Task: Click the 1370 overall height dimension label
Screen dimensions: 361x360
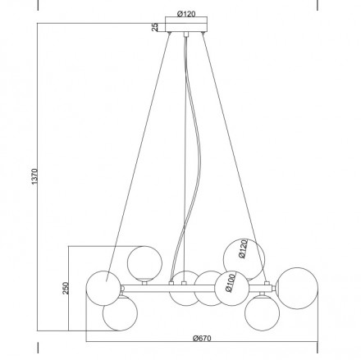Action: pos(34,176)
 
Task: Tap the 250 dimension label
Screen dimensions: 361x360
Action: pos(66,288)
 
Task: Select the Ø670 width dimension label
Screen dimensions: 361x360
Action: pos(202,338)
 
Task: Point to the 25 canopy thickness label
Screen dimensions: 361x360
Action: pos(155,27)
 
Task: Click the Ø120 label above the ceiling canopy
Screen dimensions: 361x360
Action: pos(186,14)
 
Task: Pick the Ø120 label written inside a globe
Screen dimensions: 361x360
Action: pos(243,248)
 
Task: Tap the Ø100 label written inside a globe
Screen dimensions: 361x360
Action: pos(231,283)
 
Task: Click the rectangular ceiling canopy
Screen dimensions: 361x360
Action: pos(186,25)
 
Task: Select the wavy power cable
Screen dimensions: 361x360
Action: pos(189,158)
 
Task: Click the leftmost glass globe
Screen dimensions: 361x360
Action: pos(103,288)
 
